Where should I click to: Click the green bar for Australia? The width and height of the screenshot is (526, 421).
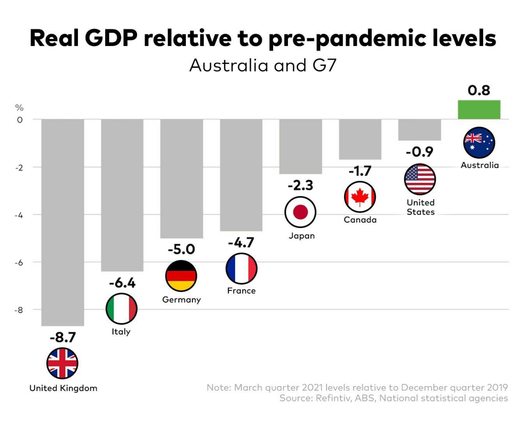tap(479, 110)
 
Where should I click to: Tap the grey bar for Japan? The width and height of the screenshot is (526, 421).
tap(301, 146)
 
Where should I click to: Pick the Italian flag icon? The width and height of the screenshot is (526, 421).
tap(121, 308)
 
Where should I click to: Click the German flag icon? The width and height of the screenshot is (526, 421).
tap(181, 276)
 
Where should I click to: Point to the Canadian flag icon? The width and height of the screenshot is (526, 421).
tap(360, 197)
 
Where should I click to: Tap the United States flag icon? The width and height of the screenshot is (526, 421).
tap(420, 179)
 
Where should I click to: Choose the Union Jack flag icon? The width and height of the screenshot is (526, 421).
tap(62, 363)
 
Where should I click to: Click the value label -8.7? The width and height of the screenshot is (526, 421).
tap(63, 338)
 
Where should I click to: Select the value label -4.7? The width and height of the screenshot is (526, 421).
tap(241, 243)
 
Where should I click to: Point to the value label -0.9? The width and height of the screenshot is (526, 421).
tap(419, 152)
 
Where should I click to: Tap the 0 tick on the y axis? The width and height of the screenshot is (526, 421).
tap(20, 119)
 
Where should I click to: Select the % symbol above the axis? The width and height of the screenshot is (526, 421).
tap(19, 108)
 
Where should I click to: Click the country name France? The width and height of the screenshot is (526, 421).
tap(241, 291)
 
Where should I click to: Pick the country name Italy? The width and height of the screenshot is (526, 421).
tap(121, 332)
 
